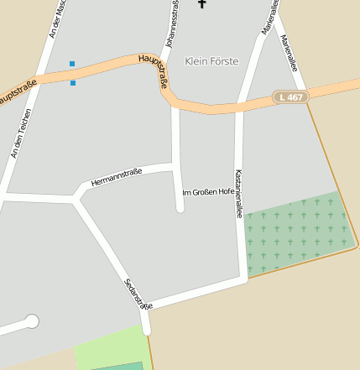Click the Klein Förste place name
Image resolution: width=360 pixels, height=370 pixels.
(x=211, y=61)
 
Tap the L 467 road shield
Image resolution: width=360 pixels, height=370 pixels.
(x=290, y=97)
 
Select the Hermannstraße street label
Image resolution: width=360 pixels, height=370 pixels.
(x=117, y=176)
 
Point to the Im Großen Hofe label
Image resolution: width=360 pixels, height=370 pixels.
(x=208, y=192)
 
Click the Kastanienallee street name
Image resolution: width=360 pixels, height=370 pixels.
(x=239, y=193)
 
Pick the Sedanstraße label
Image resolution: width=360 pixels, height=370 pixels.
(x=138, y=294)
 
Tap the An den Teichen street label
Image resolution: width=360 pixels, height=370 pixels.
(x=20, y=133)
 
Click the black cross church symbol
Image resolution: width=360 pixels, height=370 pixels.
(x=201, y=3)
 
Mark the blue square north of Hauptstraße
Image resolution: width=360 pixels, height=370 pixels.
(x=72, y=64)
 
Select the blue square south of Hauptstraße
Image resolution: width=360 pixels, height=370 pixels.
(x=73, y=83)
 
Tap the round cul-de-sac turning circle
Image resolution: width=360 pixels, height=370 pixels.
(x=32, y=320)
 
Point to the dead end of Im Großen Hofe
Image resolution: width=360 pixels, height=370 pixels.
(x=180, y=207)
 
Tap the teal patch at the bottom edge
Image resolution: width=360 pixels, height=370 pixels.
(x=117, y=366)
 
